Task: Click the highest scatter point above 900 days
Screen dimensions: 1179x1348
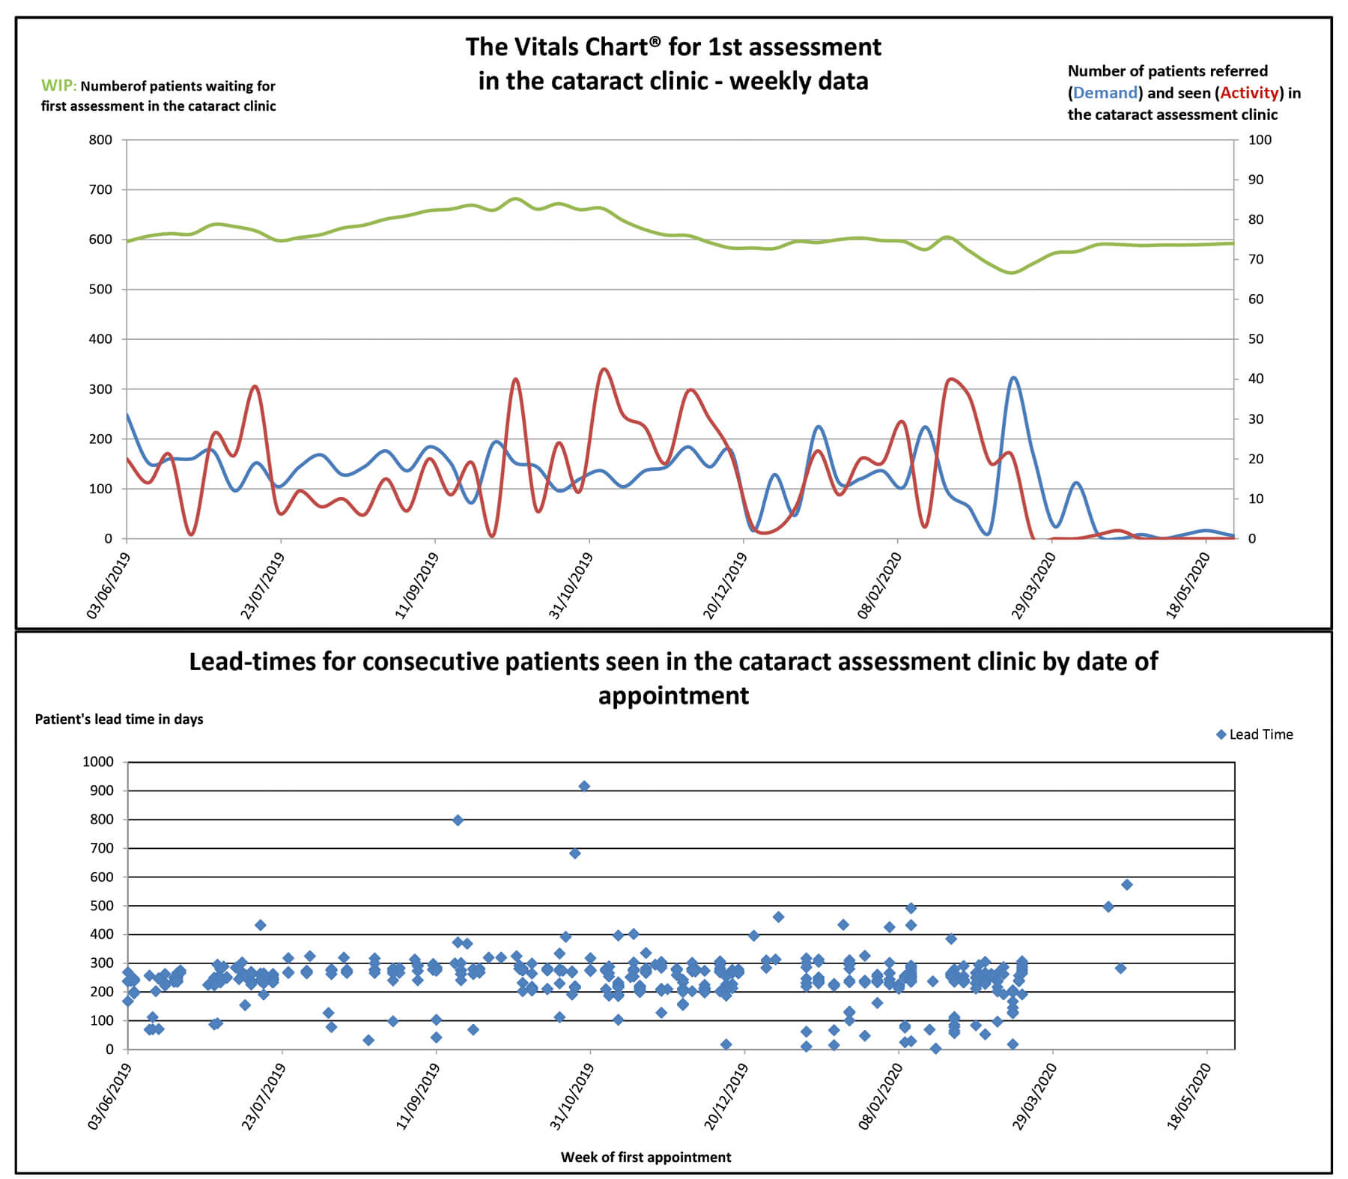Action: click(x=584, y=786)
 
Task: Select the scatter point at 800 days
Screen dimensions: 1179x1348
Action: click(x=458, y=820)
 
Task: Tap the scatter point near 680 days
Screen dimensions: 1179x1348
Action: click(x=574, y=853)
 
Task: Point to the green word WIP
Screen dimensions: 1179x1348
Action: click(x=58, y=86)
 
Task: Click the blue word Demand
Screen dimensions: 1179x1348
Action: click(x=1105, y=93)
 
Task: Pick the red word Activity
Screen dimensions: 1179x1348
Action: click(x=1249, y=93)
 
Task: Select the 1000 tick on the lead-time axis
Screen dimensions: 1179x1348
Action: click(x=98, y=762)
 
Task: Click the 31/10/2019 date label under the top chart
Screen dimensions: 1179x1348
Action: click(x=571, y=586)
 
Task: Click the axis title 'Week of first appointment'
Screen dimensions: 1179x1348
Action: click(x=646, y=1157)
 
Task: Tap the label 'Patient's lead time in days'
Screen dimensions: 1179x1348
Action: click(x=119, y=719)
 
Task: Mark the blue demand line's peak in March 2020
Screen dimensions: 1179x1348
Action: click(x=1013, y=377)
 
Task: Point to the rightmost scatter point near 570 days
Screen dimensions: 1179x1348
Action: click(x=1126, y=885)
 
